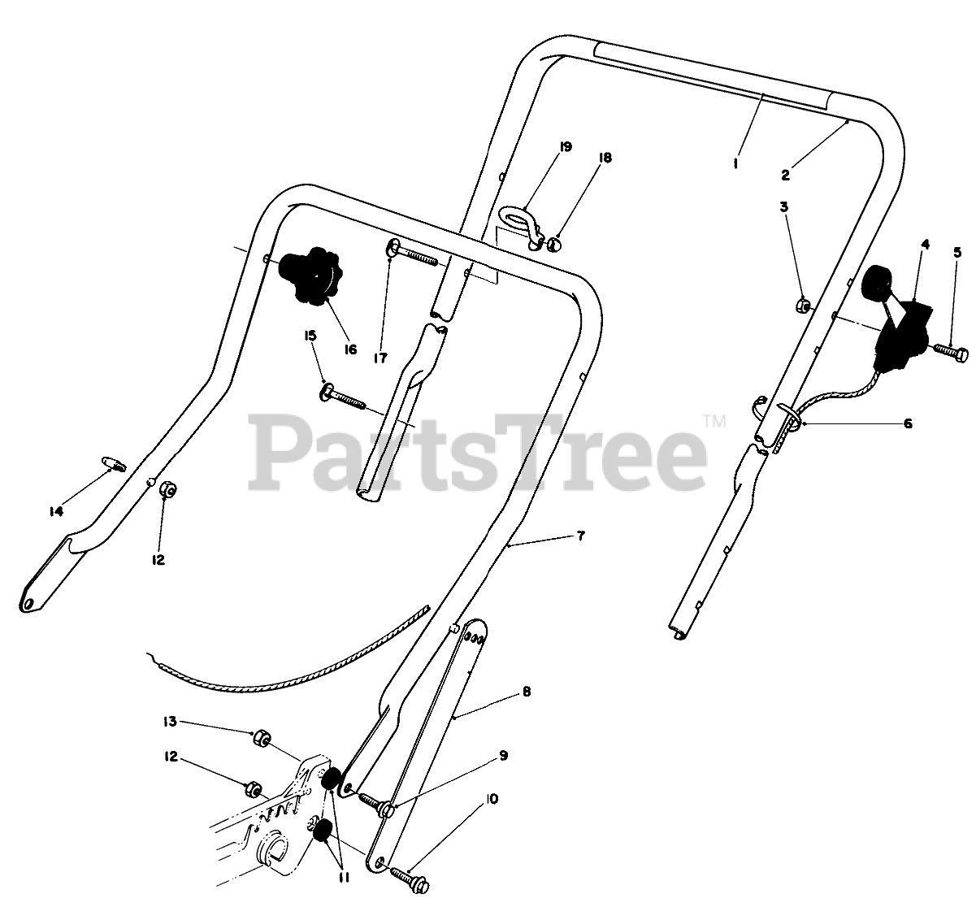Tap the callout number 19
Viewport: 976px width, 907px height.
566,147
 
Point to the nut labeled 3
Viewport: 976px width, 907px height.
800,306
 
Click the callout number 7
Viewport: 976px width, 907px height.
580,536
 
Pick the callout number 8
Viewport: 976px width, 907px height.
527,692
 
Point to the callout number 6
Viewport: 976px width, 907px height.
908,423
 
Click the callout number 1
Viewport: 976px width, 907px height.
735,163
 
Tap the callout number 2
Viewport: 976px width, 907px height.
786,174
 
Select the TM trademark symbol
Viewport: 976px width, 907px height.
714,421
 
